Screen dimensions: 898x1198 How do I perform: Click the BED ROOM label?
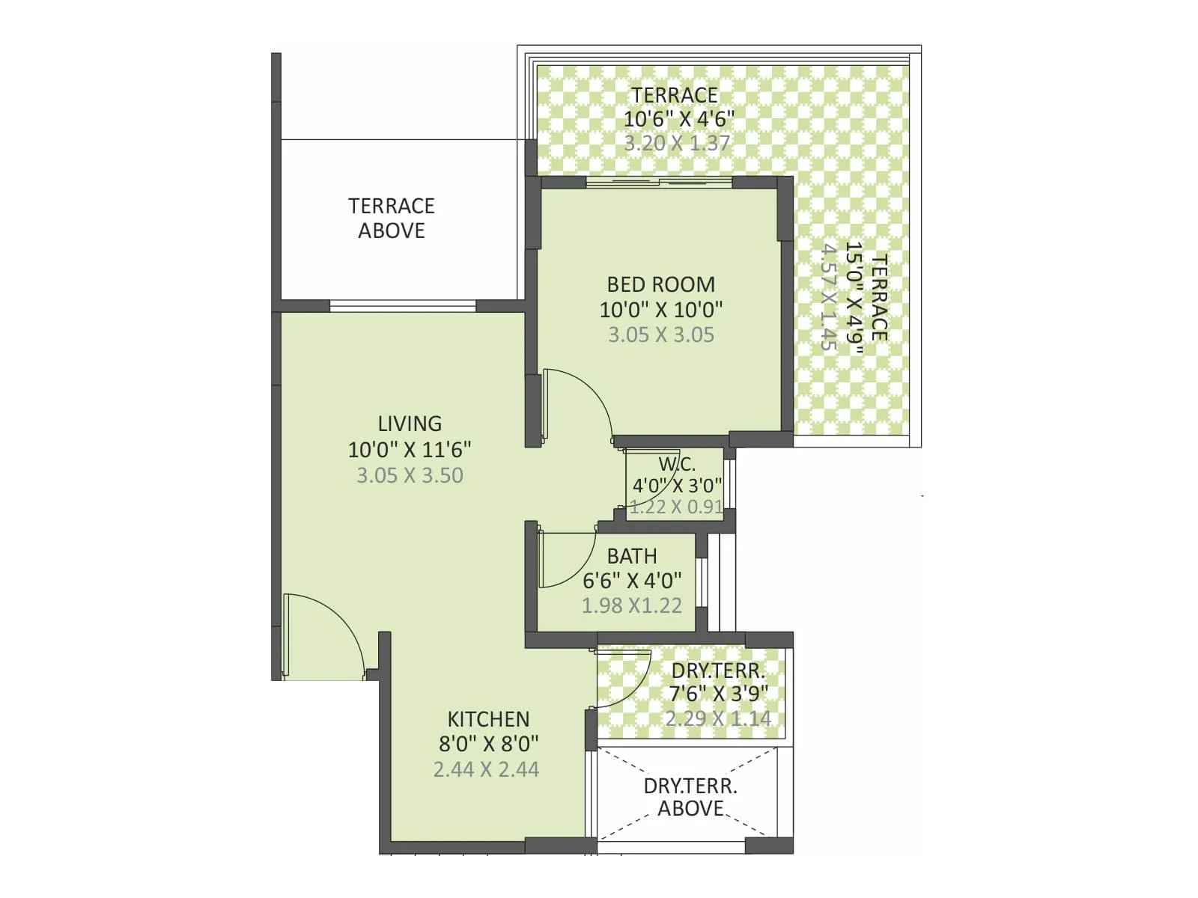660,284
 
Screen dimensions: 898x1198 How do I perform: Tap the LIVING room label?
410,424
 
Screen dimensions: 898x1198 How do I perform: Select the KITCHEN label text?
488,719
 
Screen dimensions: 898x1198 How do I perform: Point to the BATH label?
632,556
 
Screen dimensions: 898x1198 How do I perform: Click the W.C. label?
677,464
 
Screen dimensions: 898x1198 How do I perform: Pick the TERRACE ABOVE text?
391,218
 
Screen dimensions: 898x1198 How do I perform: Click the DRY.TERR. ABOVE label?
690,797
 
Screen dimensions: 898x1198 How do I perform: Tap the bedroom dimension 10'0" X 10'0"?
660,309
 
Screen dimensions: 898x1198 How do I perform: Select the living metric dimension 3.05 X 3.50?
410,475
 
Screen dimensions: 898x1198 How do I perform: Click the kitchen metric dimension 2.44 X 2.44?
486,769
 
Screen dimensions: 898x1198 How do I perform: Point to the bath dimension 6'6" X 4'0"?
632,580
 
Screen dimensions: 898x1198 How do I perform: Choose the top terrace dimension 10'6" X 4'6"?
678,118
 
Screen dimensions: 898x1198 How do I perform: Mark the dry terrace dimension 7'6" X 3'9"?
718,694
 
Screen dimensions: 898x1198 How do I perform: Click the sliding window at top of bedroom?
659,181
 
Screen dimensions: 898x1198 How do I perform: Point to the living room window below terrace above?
403,305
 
